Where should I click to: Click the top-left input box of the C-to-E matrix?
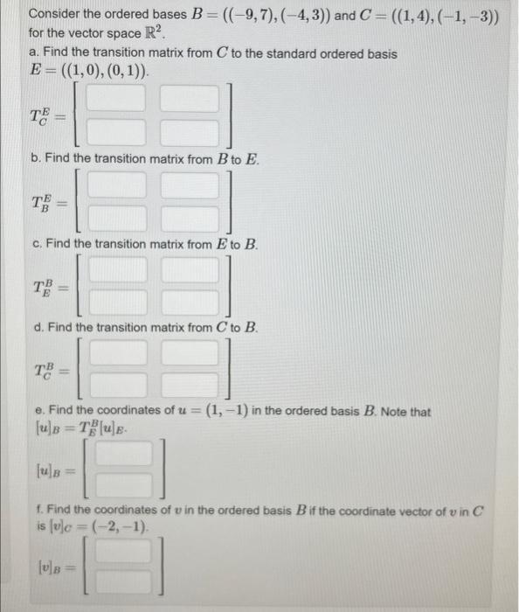tap(114, 101)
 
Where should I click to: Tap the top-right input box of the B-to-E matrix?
tap(189, 188)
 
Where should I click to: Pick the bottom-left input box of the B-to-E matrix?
tap(115, 219)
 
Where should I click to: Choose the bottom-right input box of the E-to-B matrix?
tap(189, 302)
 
